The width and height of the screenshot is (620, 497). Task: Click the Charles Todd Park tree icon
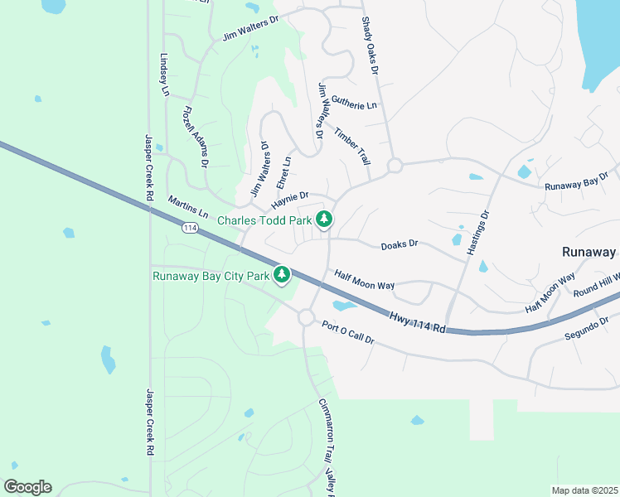(x=325, y=220)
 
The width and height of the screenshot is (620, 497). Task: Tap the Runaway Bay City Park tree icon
(x=283, y=275)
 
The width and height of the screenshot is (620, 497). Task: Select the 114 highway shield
(x=190, y=229)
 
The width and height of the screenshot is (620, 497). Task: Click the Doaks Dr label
(x=400, y=245)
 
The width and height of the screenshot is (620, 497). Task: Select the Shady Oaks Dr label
(x=370, y=46)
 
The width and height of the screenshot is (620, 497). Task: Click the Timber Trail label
(x=351, y=146)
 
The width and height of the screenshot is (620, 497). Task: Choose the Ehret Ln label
(x=283, y=172)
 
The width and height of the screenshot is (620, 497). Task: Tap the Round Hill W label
(x=597, y=283)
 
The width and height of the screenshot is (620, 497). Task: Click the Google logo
(x=27, y=487)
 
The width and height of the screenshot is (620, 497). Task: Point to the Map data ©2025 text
(x=584, y=490)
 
